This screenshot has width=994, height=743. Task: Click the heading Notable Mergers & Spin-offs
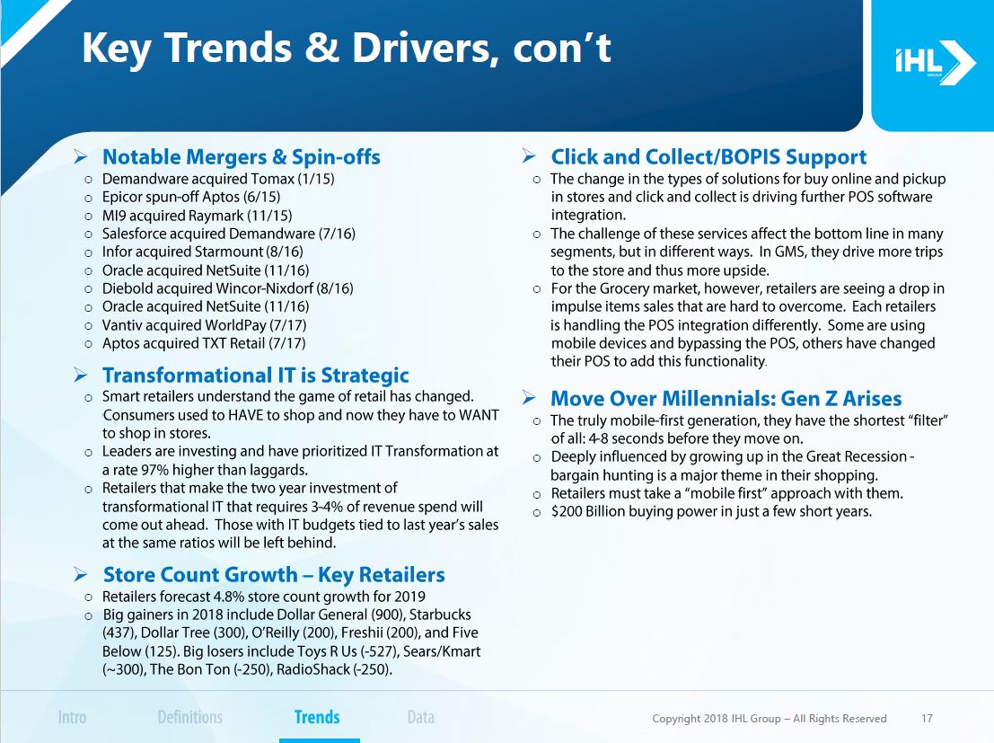click(241, 156)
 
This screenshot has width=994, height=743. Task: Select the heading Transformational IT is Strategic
click(256, 375)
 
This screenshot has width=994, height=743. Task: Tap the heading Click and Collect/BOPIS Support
click(708, 156)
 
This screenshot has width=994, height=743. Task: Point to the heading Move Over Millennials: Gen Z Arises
click(726, 399)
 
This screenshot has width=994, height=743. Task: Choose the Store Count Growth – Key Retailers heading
click(274, 574)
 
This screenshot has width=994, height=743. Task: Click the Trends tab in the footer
click(317, 717)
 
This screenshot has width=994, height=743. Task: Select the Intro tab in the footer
click(72, 717)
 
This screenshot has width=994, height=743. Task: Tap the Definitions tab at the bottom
click(190, 717)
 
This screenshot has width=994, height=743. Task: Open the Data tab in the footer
click(421, 717)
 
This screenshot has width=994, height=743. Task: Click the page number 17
click(927, 718)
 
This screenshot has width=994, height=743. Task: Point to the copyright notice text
click(769, 718)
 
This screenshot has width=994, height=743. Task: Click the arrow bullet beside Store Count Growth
click(81, 575)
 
